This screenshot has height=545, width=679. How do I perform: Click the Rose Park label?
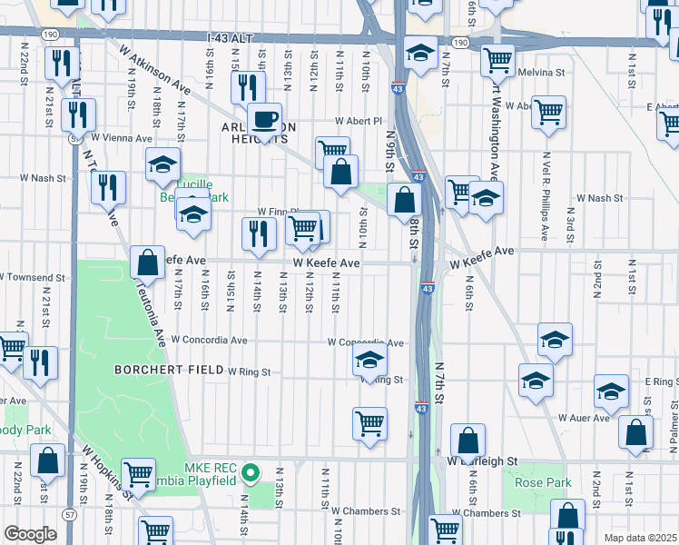click(x=543, y=482)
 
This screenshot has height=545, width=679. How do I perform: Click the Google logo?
click(x=30, y=533)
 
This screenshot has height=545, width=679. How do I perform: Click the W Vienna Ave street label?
click(x=122, y=138)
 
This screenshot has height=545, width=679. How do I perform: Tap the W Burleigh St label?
click(x=482, y=461)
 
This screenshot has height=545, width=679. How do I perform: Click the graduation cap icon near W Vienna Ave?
click(x=162, y=164)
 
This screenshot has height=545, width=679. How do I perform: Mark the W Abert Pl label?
click(x=359, y=120)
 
